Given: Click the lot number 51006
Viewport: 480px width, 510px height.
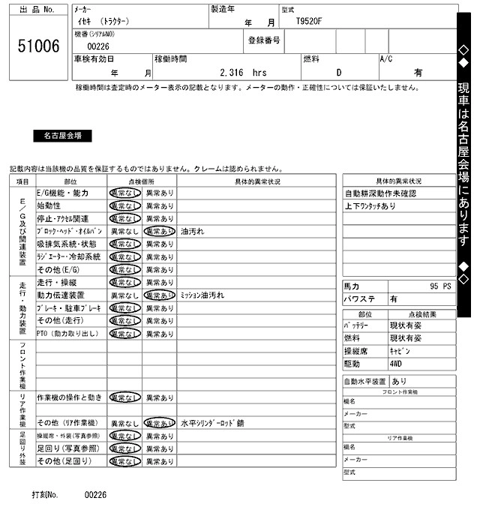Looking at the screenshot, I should click(38, 46).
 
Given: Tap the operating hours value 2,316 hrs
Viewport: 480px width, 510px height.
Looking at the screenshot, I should click(243, 73).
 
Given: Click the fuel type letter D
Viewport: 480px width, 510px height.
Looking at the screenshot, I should click(338, 73).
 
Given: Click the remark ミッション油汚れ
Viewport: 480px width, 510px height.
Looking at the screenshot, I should click(202, 295).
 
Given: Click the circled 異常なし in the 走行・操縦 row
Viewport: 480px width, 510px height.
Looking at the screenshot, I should click(124, 283).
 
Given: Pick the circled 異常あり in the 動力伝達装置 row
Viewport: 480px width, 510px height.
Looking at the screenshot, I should click(160, 295).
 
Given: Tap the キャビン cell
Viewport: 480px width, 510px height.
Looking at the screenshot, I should click(400, 351).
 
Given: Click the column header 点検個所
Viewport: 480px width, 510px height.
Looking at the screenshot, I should click(142, 181).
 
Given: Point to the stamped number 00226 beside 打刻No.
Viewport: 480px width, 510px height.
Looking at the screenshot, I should click(95, 495).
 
